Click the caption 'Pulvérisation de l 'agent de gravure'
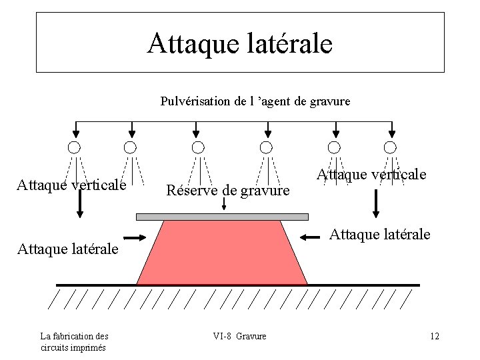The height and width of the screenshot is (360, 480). tap(255, 101)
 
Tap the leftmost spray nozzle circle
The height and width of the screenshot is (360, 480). tap(74, 147)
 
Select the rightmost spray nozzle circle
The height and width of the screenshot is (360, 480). tap(390, 147)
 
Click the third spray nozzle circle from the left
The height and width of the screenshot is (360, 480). tap(197, 147)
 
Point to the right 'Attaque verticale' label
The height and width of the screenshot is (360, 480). tap(371, 174)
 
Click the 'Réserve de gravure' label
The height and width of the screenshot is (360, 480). tap(227, 191)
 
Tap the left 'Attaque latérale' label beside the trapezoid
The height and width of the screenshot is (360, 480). tap(67, 249)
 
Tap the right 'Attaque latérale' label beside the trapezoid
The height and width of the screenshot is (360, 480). tap(380, 234)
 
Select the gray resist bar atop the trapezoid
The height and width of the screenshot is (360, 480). tap(222, 217)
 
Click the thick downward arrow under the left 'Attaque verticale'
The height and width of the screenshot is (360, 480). tap(80, 203)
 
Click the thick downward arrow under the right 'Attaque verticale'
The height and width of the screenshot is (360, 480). tap(376, 203)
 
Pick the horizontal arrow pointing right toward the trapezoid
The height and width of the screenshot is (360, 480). tap(135, 237)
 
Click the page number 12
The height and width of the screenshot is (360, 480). tap(435, 336)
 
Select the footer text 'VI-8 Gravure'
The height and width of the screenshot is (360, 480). tap(239, 336)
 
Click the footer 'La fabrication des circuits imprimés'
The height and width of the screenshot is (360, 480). tap(74, 341)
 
